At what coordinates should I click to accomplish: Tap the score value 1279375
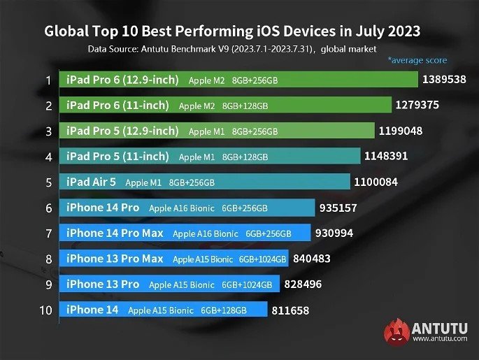(x=417, y=105)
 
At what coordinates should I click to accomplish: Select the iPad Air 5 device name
(x=91, y=182)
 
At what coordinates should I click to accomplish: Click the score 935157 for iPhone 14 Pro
(x=343, y=208)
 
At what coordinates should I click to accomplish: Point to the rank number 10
(x=46, y=310)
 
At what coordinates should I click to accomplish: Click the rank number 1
(x=48, y=80)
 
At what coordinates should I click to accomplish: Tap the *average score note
(x=417, y=61)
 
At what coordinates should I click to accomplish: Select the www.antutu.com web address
(x=440, y=339)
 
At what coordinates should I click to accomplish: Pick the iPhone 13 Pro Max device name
(x=115, y=259)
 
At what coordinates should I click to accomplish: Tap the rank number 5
(x=48, y=182)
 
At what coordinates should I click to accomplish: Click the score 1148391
(x=385, y=157)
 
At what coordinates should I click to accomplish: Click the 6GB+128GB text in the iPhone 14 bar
(x=224, y=310)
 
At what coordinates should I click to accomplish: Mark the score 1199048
(x=401, y=131)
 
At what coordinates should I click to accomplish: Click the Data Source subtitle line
(x=232, y=49)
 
